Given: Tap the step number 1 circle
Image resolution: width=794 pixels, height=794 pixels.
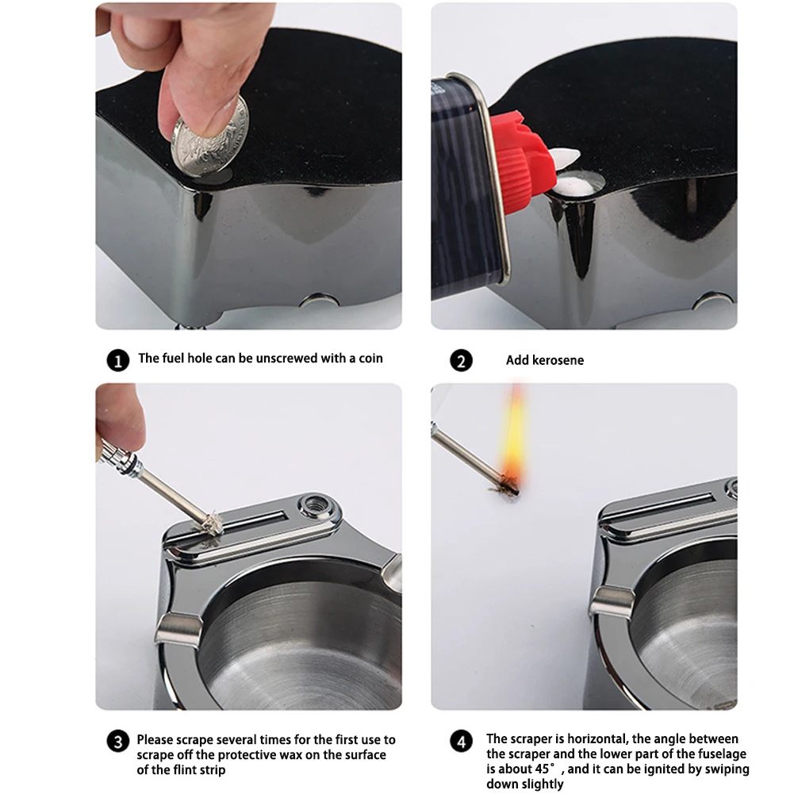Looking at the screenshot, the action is tap(118, 361).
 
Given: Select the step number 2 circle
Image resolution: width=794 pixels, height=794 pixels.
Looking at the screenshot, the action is tap(461, 361).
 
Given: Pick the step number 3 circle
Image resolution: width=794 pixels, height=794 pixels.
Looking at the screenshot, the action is tap(118, 742).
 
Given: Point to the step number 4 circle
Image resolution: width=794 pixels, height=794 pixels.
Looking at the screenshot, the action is tap(461, 742).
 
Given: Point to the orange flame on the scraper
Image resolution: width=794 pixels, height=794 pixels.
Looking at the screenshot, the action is tap(515, 435).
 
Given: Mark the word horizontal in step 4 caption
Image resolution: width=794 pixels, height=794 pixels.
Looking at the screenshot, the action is tap(599, 738).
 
